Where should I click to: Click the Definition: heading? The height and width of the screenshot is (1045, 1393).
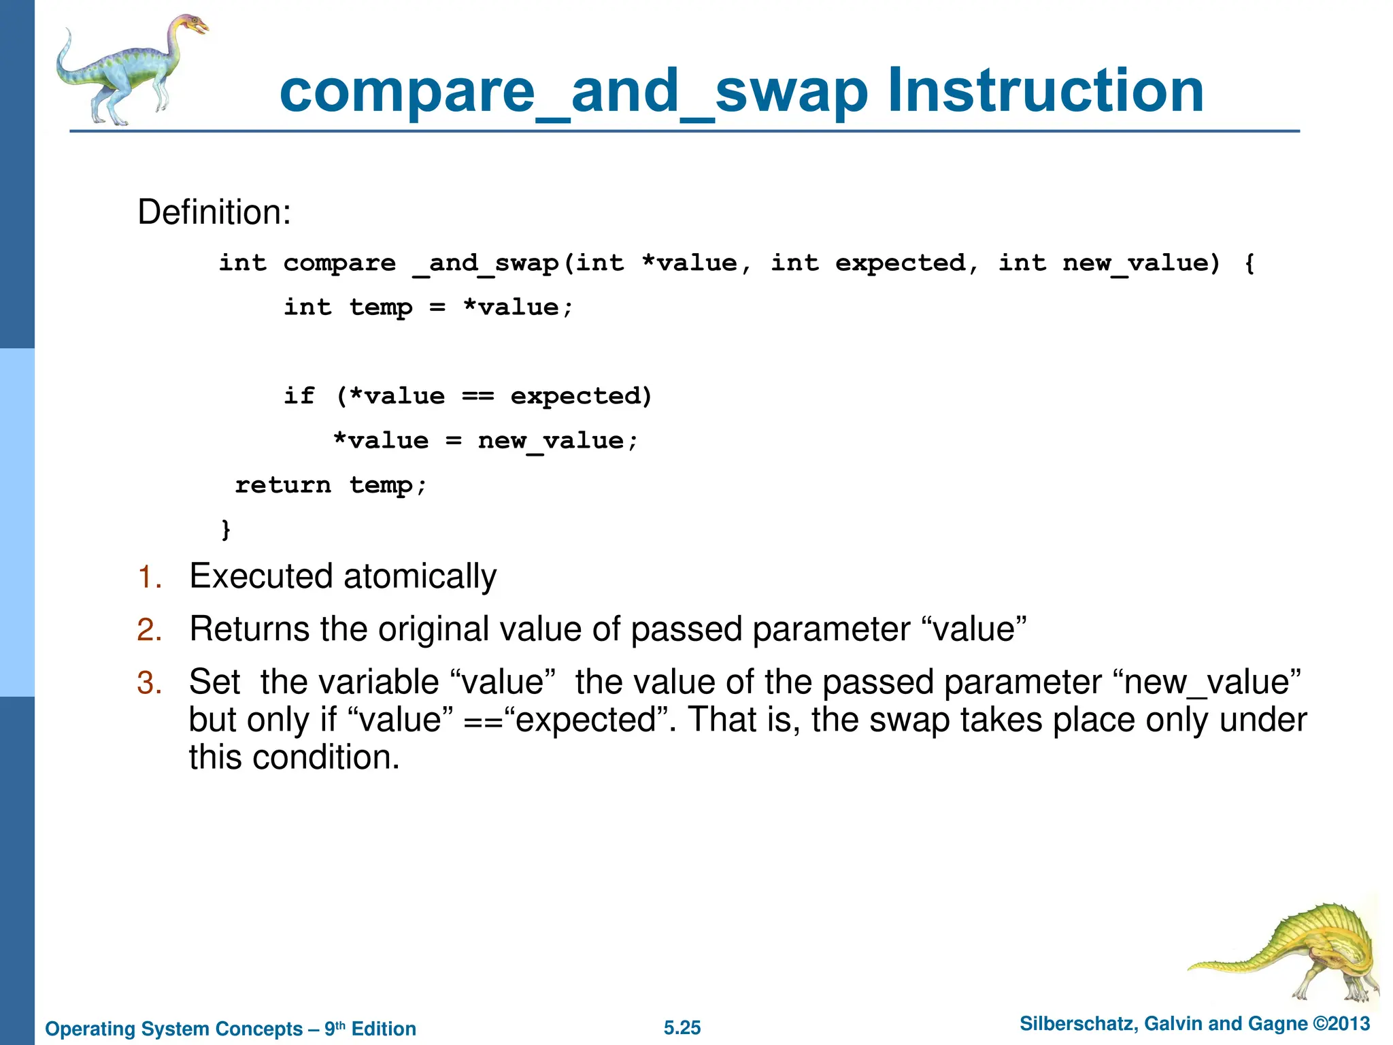coord(214,212)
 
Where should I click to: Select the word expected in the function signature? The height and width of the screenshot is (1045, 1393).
coord(900,263)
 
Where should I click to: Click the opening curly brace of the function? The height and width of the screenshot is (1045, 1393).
coord(1249,263)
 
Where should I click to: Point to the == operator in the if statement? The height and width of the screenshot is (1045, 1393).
coord(477,396)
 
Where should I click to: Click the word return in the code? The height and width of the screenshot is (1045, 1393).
coord(282,485)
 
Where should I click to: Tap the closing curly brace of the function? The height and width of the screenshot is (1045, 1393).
coord(226,529)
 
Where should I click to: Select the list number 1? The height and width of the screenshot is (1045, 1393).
coord(149,578)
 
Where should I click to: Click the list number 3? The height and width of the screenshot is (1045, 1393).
coord(149,683)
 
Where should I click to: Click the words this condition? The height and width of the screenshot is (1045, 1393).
coord(293,757)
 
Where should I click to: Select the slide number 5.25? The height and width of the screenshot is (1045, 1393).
coord(682,1027)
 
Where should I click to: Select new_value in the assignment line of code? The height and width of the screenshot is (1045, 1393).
coord(550,441)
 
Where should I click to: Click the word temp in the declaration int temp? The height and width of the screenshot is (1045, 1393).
coord(380,308)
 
